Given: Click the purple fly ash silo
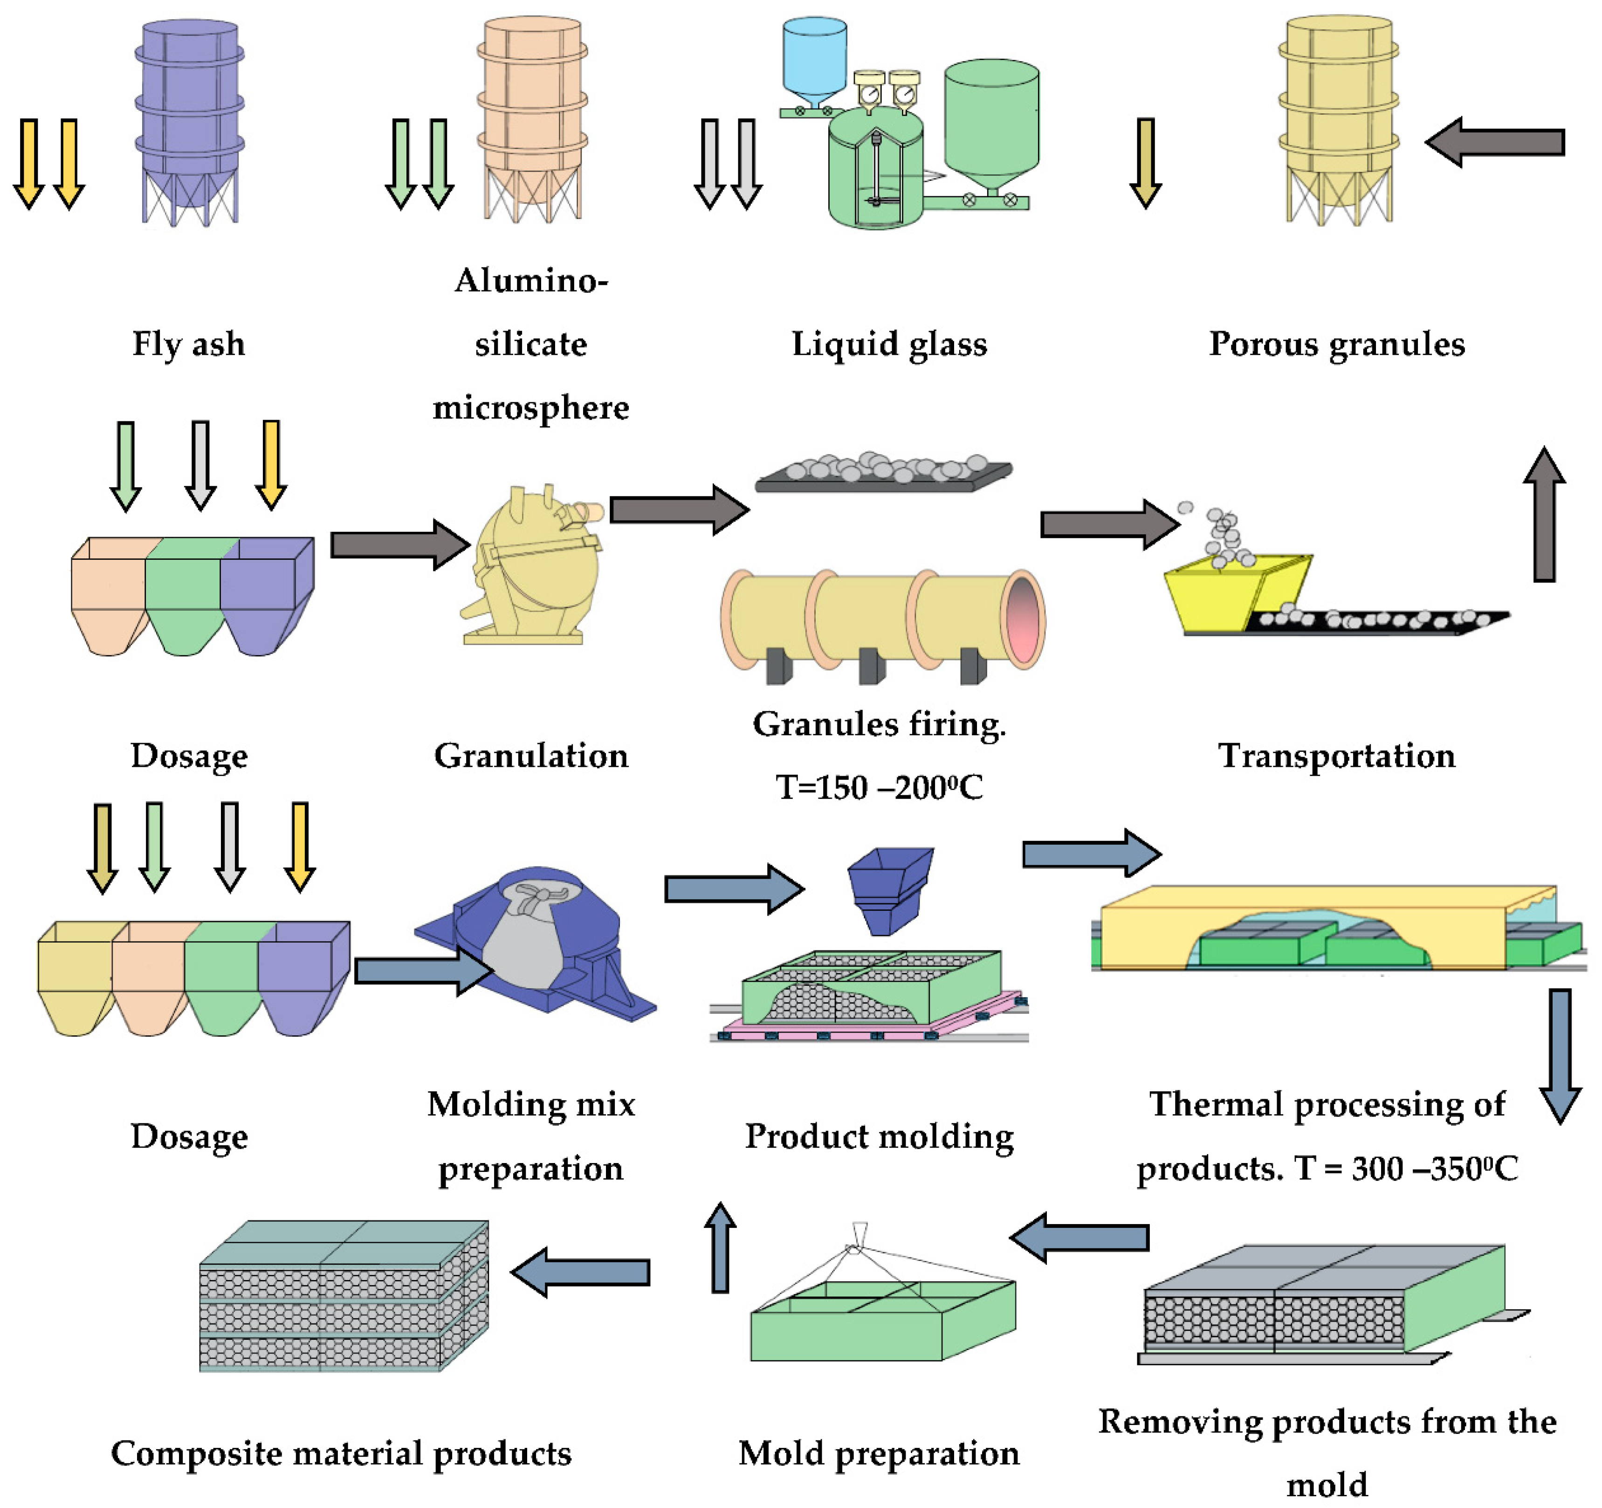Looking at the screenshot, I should (189, 113).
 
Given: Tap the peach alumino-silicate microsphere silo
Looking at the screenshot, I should (532, 113).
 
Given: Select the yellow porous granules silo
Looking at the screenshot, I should (1338, 113).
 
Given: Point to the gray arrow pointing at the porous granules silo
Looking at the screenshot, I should (1495, 143).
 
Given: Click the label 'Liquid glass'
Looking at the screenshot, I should (889, 344).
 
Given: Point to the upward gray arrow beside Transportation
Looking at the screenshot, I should (1543, 516).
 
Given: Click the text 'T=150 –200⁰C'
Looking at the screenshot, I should (878, 787).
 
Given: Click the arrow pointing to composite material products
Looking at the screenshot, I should (580, 1272).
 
